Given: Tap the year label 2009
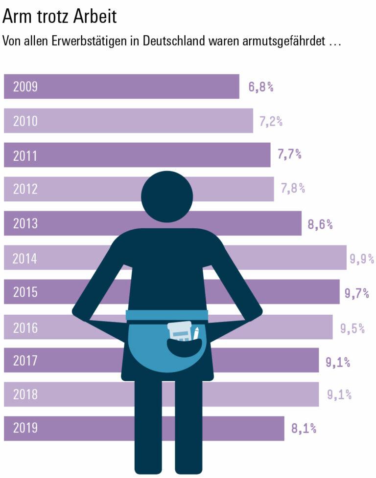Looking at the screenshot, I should [x=25, y=87].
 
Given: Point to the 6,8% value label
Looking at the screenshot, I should [x=261, y=87].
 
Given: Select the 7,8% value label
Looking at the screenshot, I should [x=293, y=188].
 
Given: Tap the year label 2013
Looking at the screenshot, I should [x=25, y=224].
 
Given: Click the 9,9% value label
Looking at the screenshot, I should [x=362, y=259].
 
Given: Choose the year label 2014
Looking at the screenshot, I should [x=25, y=258].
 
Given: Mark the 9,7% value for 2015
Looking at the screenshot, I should [x=357, y=293].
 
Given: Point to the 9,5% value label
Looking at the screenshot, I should [x=352, y=328].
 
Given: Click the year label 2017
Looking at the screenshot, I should [x=25, y=361].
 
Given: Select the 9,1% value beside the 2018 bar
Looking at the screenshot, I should [x=339, y=394].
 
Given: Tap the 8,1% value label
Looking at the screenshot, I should [x=304, y=429].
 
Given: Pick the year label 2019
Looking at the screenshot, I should [x=25, y=429].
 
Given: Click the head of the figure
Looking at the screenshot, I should [x=167, y=196].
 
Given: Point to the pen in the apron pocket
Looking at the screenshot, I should [x=196, y=333].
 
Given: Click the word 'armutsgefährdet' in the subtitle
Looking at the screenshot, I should [x=283, y=41].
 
